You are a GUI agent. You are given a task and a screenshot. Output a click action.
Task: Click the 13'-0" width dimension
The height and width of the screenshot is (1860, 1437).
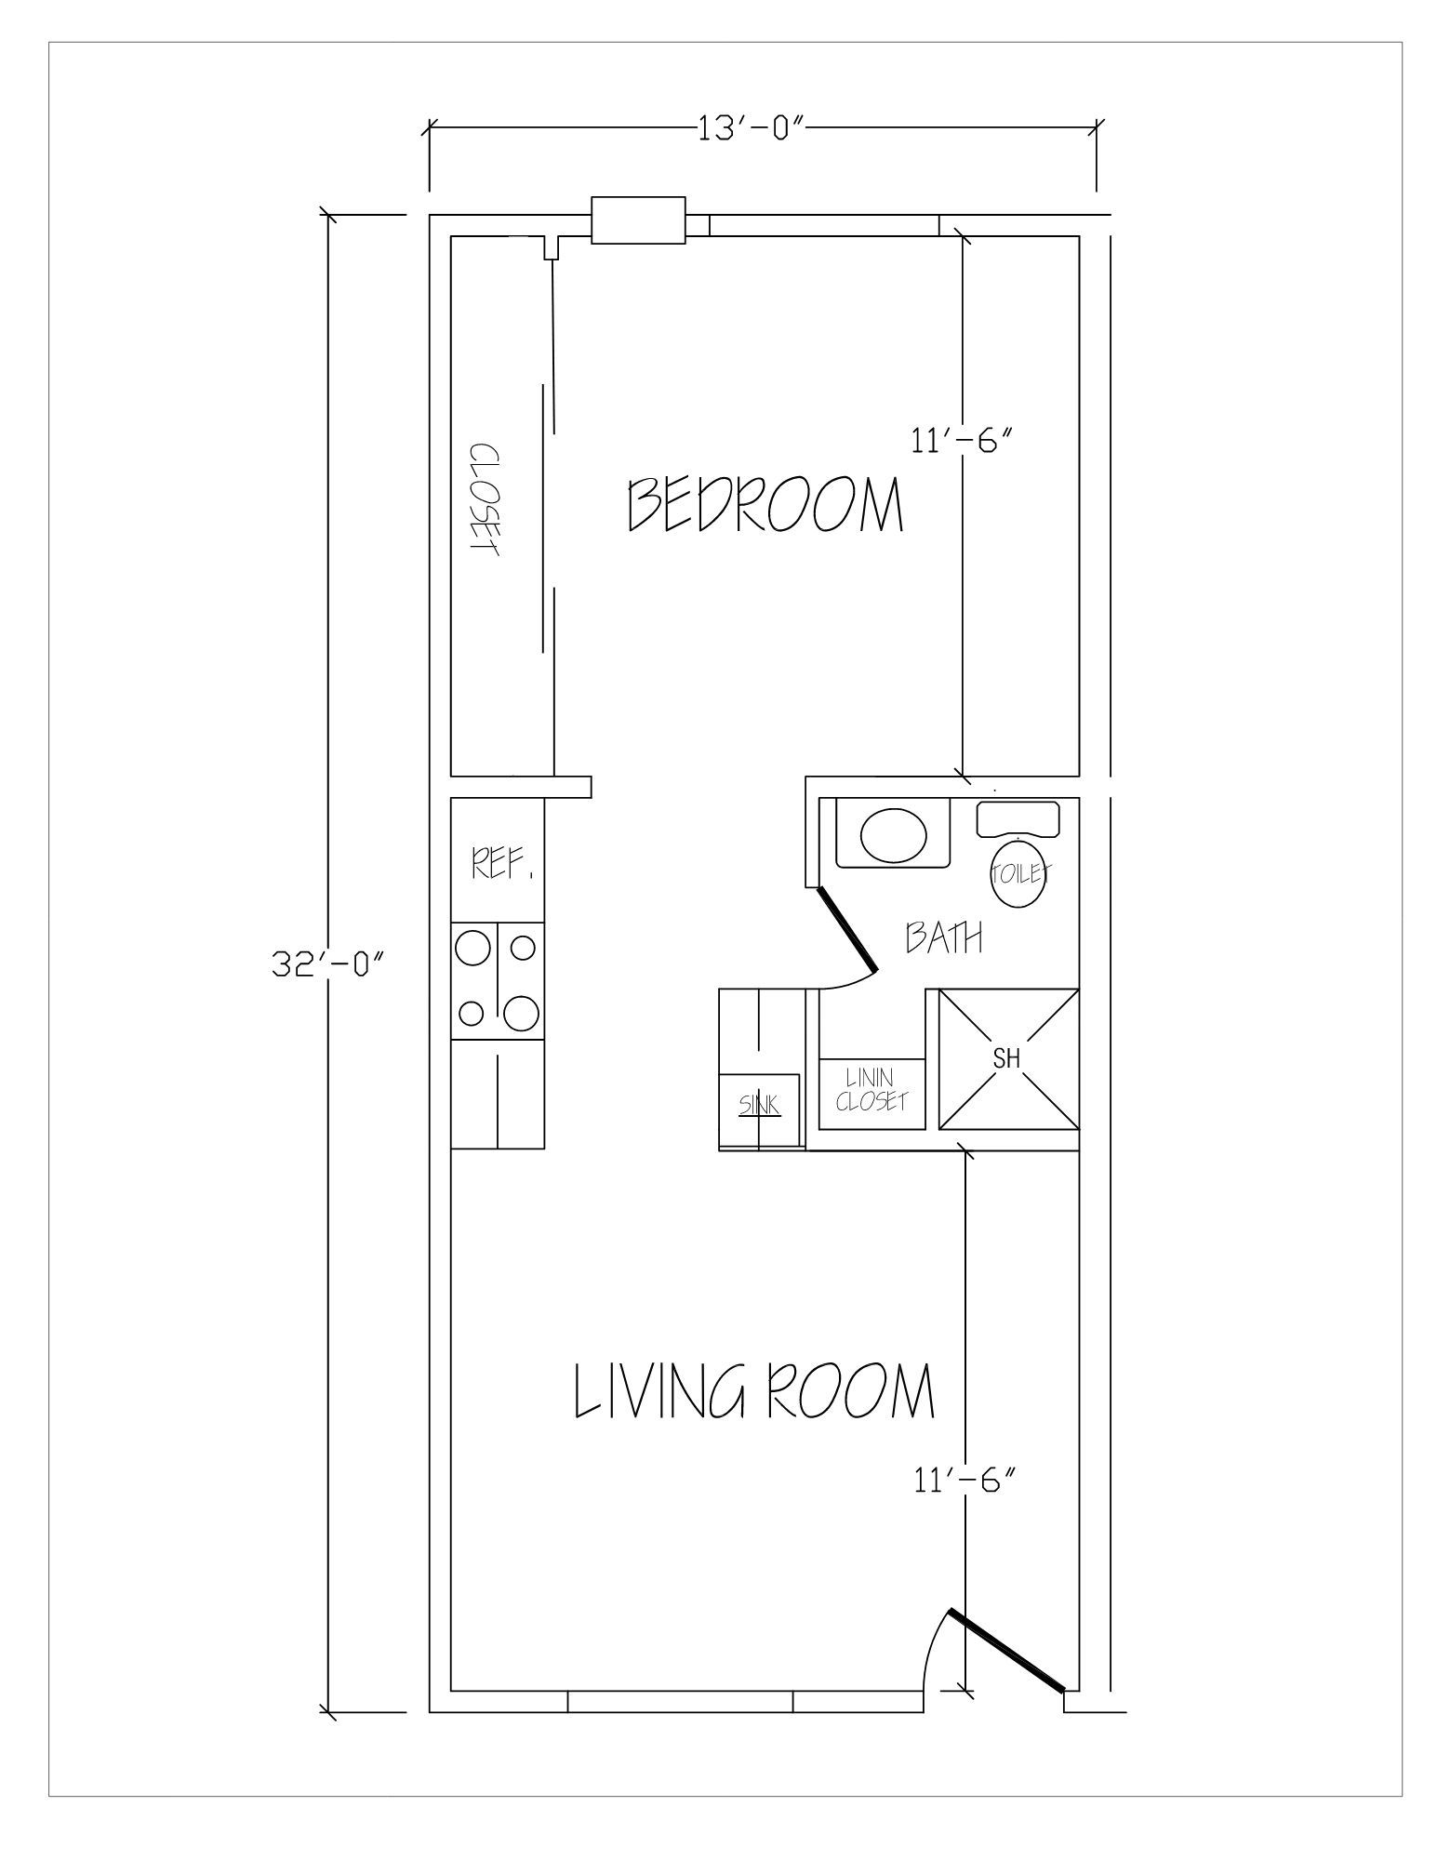[x=750, y=127]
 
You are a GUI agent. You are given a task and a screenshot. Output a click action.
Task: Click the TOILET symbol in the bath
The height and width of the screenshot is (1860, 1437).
[x=1019, y=874]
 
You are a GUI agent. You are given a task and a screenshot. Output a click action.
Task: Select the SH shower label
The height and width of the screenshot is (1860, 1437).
[x=1007, y=1058]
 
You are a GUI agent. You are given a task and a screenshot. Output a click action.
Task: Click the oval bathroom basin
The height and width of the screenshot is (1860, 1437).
[x=894, y=834]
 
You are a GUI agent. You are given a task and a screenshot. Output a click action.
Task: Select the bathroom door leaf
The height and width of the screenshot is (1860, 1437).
[x=847, y=931]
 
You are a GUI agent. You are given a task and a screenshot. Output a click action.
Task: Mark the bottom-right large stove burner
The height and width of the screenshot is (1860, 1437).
[x=522, y=1013]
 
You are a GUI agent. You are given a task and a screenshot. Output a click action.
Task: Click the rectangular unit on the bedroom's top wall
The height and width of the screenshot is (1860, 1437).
[x=638, y=220]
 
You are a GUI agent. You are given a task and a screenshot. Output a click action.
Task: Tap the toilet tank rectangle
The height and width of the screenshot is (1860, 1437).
[x=1018, y=817]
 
